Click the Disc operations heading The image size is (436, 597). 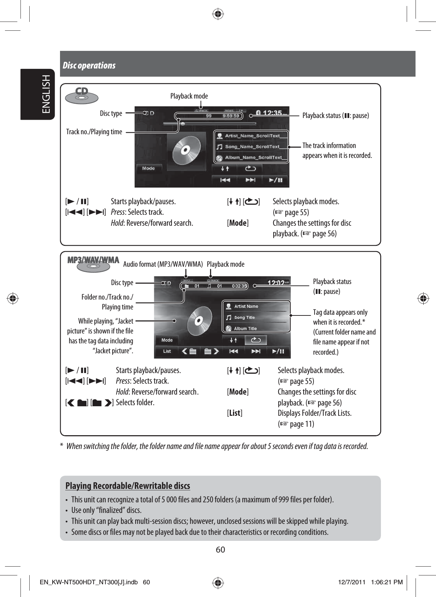tap(89, 65)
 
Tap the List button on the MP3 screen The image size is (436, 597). tap(167, 351)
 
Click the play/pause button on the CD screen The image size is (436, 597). tap(275, 180)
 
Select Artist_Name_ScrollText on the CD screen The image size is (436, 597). tap(252, 136)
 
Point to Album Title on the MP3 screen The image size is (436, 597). tap(245, 329)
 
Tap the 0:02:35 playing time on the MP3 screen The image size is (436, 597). tap(239, 286)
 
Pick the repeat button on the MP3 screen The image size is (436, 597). tap(256, 340)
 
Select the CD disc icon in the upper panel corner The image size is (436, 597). tap(82, 95)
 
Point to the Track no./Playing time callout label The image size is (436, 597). tap(94, 132)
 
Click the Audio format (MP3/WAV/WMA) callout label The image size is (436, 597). tap(163, 264)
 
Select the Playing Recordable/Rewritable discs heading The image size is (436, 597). tap(128, 486)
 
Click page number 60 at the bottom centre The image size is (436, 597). tap(220, 550)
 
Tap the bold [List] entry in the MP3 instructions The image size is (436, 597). tap(234, 413)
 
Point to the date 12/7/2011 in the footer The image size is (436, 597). tap(352, 582)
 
